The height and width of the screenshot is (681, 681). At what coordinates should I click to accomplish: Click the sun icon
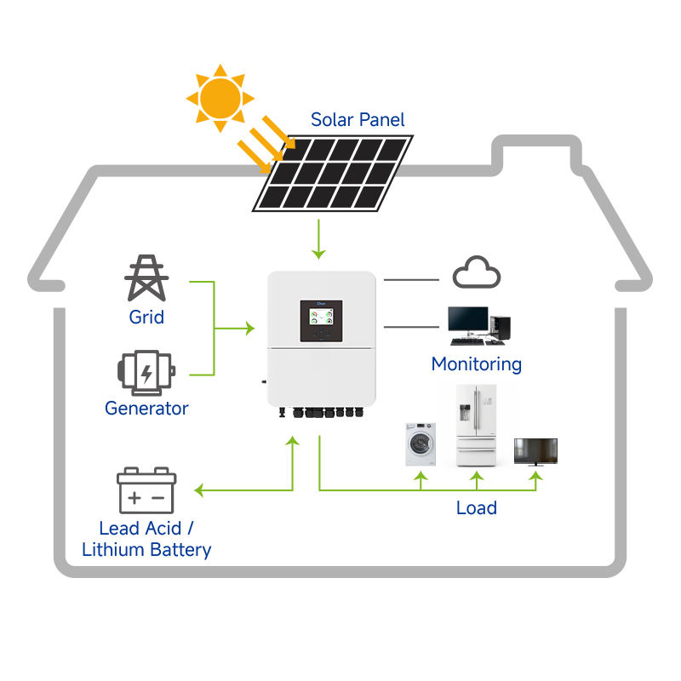point(220,98)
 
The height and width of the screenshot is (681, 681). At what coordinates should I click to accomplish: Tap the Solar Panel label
point(358,120)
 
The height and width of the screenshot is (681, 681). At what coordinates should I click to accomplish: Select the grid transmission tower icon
point(146,278)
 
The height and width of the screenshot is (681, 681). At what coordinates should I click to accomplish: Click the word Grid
point(146,317)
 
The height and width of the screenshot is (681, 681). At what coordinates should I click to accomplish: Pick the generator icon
point(146,373)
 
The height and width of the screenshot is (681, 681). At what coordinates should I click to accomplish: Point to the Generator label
point(146,409)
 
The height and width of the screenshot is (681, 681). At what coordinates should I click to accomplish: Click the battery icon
point(146,490)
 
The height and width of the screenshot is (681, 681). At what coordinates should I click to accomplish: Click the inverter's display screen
point(321,317)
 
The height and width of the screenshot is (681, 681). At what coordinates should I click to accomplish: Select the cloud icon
point(477,272)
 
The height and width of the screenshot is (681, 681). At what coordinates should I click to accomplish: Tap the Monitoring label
point(477,364)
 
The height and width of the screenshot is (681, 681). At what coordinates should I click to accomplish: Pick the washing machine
point(421,444)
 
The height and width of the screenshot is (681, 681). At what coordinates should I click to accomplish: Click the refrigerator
point(476,425)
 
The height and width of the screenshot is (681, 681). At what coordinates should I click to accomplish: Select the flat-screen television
point(535,452)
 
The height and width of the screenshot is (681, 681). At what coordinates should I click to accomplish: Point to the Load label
point(477,507)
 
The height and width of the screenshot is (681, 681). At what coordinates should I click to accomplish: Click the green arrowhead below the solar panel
point(318,254)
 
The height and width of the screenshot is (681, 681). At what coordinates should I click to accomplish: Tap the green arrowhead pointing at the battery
point(199,490)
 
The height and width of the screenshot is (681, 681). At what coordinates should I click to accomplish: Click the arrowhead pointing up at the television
point(536,476)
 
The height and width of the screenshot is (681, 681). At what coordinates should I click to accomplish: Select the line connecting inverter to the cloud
point(411,280)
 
